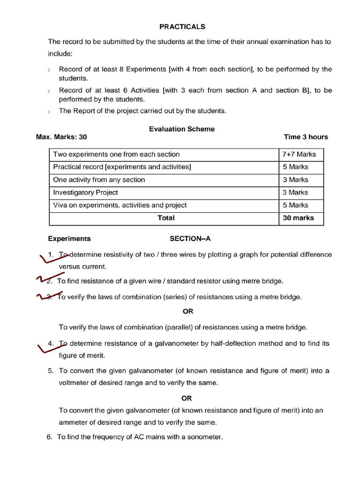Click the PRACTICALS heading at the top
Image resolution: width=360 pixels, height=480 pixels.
[182, 27]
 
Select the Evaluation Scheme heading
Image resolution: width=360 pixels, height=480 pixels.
[181, 129]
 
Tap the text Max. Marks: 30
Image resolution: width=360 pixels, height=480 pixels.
[61, 137]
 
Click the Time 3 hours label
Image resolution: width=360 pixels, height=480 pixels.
[306, 137]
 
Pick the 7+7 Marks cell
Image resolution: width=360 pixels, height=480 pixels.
[299, 154]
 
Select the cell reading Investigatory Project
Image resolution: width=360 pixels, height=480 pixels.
[85, 192]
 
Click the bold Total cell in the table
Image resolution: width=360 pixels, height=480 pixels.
[166, 218]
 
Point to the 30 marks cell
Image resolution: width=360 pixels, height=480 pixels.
[298, 218]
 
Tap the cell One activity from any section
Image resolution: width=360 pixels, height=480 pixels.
[99, 180]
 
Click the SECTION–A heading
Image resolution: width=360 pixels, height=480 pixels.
[190, 239]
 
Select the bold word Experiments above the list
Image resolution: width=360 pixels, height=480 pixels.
[69, 239]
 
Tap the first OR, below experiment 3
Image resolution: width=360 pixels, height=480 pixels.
[187, 311]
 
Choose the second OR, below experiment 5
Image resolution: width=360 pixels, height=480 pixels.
[187, 398]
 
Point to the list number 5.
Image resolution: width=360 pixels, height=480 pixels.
[51, 371]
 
